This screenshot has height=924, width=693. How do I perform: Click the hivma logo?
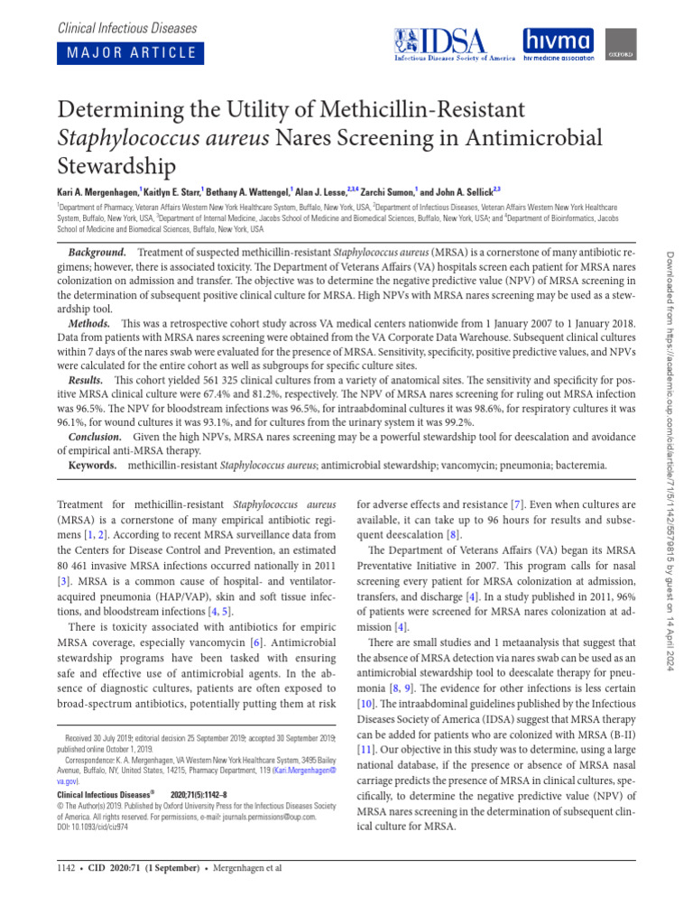(559, 42)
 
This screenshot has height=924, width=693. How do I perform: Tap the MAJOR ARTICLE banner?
(127, 52)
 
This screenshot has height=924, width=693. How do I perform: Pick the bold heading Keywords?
(93, 466)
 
